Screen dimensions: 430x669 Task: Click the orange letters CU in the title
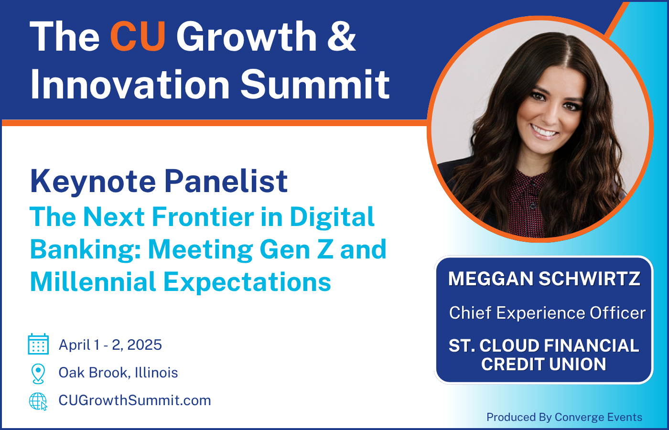(138, 37)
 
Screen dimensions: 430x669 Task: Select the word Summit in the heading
(315, 85)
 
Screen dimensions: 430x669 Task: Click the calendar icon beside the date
(38, 344)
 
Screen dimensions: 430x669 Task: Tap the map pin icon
(38, 373)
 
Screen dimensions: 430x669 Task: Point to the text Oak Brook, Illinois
(118, 373)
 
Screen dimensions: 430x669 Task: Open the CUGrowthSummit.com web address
(134, 400)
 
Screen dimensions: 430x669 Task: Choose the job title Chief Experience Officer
(547, 313)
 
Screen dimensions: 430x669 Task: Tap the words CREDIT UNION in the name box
(544, 365)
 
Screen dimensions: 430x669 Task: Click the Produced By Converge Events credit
(564, 417)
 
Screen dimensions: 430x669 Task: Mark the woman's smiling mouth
(544, 131)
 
